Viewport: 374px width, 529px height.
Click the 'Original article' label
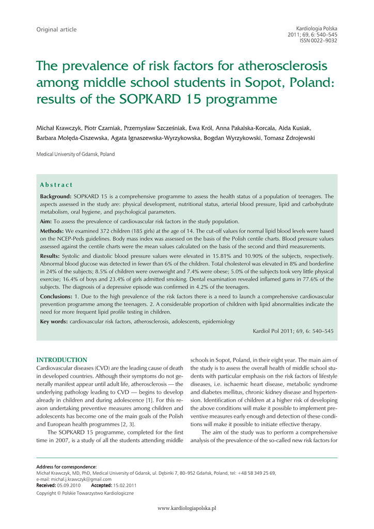56,29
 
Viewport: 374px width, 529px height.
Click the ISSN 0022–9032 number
318,40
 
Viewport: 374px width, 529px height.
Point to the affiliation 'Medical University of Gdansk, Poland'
75,154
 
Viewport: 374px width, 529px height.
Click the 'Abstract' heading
56,185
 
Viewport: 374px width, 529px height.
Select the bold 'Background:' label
56,196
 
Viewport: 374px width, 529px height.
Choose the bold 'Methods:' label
52,230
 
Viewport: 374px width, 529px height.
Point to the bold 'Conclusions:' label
56,297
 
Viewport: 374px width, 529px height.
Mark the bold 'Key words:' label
54,321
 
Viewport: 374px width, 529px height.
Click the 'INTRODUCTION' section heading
61,360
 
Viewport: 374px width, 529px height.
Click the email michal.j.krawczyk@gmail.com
81,479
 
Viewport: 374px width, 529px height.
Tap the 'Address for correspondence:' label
66,467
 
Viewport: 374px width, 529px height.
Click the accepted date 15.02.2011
126,485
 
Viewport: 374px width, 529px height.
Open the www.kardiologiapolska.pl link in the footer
186,508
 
